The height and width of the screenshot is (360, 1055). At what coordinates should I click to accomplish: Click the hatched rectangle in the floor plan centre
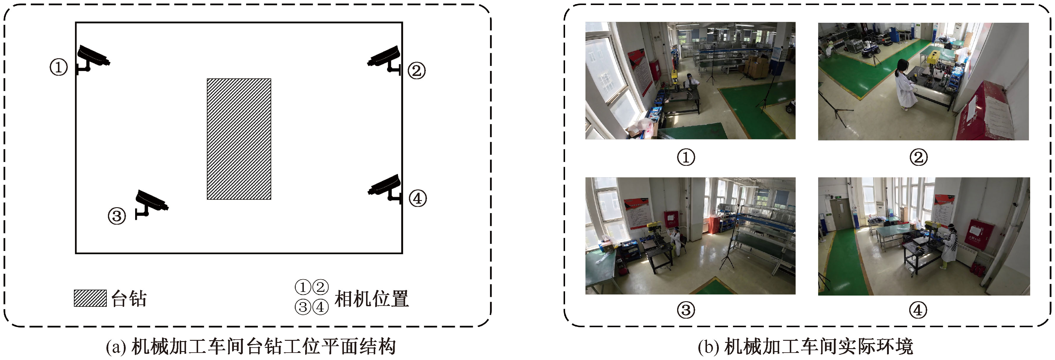(x=239, y=139)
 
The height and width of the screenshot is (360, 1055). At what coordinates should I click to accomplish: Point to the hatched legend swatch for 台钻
(x=90, y=298)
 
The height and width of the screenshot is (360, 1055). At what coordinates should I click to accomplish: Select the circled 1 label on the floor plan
(x=59, y=67)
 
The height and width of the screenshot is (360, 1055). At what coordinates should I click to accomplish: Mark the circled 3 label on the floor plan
(x=117, y=215)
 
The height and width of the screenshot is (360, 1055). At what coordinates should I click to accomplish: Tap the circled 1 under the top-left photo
(x=686, y=157)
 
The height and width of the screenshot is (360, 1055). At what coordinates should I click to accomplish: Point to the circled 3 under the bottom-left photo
(x=686, y=310)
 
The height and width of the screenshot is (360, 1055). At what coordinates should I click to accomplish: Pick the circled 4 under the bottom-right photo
(x=918, y=310)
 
